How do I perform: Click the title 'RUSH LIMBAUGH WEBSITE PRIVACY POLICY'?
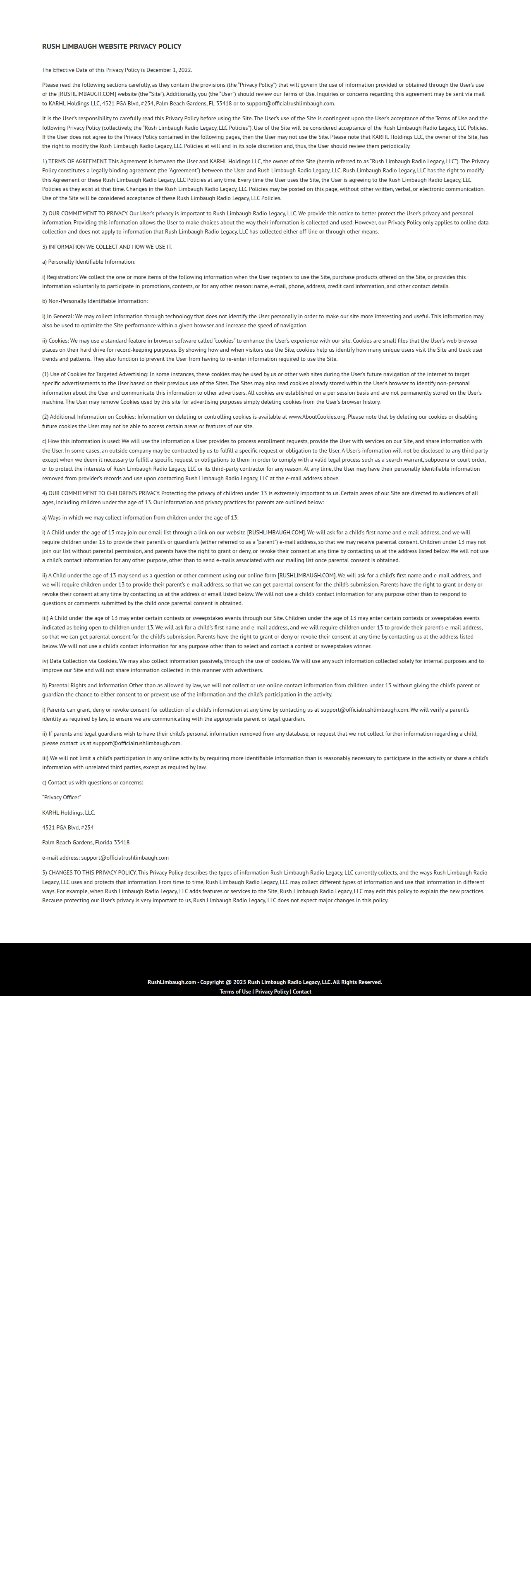111,46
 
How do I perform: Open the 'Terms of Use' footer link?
235,991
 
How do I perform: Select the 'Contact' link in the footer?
301,991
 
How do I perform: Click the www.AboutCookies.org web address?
316,417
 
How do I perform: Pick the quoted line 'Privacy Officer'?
62,797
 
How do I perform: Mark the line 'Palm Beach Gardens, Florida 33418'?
85,842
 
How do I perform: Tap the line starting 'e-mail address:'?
105,858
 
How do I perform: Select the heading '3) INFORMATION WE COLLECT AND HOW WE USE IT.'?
107,247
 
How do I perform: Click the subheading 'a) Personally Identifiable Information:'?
88,262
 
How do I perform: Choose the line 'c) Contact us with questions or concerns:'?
92,782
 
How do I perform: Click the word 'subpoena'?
436,460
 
